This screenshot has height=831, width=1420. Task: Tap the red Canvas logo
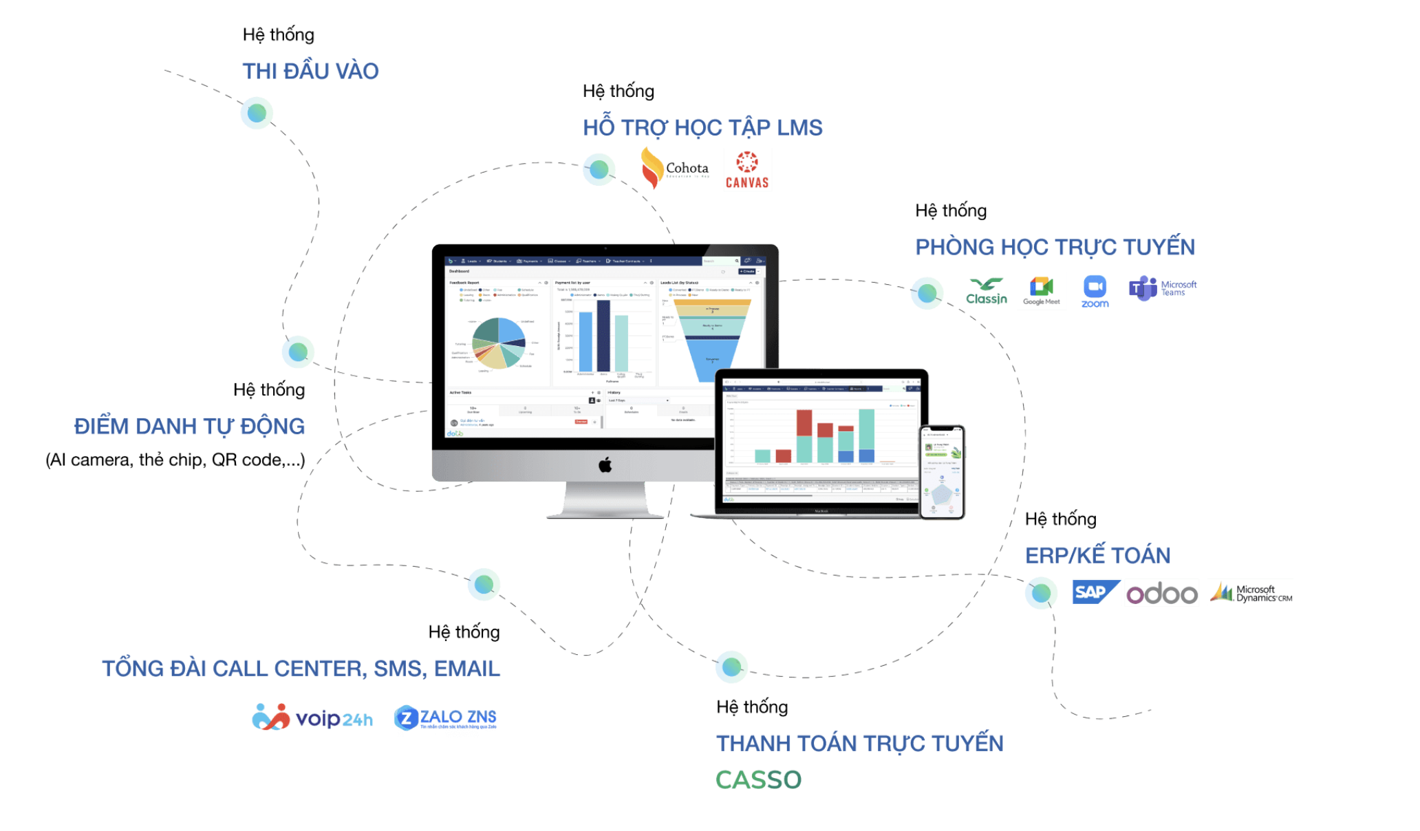click(x=747, y=170)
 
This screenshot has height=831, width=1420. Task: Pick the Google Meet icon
click(x=1041, y=291)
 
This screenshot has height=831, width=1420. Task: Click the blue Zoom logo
click(x=1095, y=292)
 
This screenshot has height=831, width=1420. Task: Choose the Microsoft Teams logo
click(x=1162, y=288)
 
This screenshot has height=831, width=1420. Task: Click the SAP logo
click(x=1095, y=592)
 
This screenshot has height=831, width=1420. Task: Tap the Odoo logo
click(x=1161, y=594)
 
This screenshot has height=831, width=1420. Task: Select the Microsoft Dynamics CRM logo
click(x=1251, y=593)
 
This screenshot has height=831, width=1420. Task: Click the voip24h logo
click(x=312, y=717)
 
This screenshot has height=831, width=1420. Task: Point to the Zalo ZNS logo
click(x=445, y=717)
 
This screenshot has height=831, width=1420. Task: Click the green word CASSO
click(x=758, y=780)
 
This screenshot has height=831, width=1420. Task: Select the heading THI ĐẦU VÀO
click(x=310, y=71)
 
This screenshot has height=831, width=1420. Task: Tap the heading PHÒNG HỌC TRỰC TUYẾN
click(x=1055, y=247)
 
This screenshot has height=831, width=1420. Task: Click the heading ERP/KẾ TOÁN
click(x=1097, y=555)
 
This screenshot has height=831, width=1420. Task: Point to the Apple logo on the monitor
click(x=605, y=466)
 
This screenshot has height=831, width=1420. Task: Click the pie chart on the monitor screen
click(x=499, y=343)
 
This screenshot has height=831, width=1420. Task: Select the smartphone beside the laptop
click(x=942, y=472)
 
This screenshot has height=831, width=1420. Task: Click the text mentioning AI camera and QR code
click(x=175, y=460)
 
